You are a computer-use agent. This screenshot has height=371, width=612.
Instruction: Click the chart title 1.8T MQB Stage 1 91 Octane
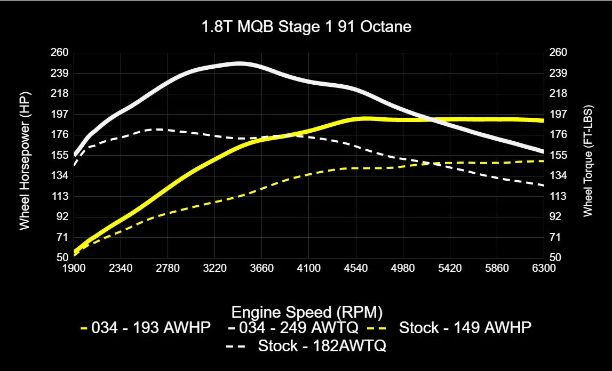point(306,27)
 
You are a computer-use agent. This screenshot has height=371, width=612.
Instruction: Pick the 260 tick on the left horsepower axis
point(60,52)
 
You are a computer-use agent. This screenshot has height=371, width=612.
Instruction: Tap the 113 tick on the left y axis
point(60,196)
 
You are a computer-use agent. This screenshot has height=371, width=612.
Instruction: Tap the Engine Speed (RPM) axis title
point(307,311)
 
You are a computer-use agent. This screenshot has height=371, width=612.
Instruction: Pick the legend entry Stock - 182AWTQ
point(322,346)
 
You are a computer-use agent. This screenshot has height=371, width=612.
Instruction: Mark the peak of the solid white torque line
point(239,63)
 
